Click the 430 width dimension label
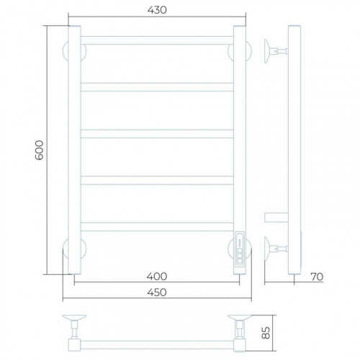(x=157, y=10)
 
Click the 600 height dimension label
(x=40, y=150)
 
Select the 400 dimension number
(x=157, y=276)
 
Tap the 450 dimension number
(x=157, y=292)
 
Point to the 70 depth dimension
(x=317, y=276)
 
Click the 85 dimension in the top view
(x=266, y=333)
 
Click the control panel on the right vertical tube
(x=240, y=248)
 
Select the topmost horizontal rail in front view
(x=157, y=40)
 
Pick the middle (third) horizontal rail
(x=157, y=134)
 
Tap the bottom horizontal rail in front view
(x=157, y=227)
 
